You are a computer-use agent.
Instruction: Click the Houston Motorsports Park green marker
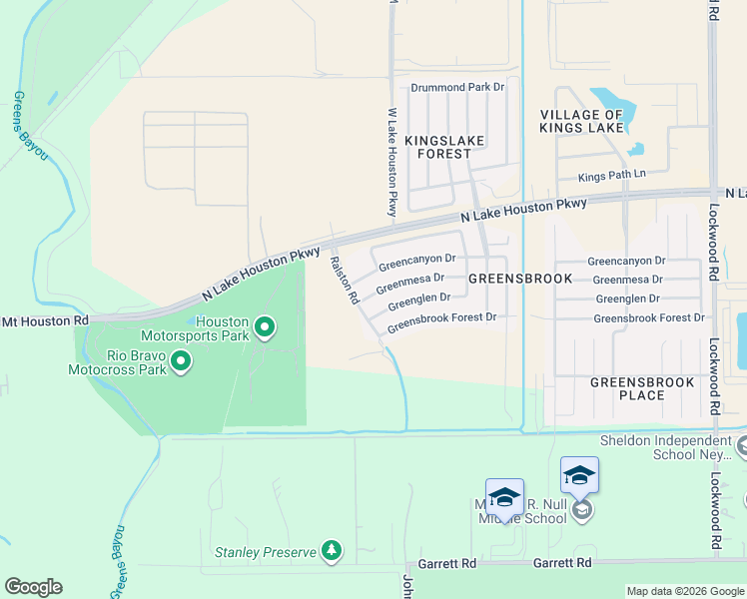pos(265,326)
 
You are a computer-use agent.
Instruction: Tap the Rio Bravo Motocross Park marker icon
pos(181,360)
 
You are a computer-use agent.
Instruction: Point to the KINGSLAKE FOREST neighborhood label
pos(444,147)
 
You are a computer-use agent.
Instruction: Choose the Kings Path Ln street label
pos(613,177)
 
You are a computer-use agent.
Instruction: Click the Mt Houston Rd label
pos(45,320)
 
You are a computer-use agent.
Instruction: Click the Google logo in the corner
pos(33,587)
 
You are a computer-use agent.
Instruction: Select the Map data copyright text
pos(685,591)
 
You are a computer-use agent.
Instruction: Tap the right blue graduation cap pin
pos(579,476)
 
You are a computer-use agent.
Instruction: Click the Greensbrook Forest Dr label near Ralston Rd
pos(441,321)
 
